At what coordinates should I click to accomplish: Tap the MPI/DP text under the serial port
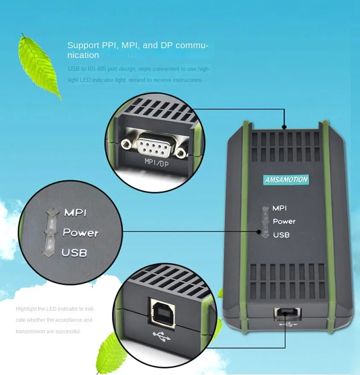[156, 162]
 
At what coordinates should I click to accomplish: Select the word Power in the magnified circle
[81, 233]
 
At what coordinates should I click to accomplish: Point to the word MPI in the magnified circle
[75, 213]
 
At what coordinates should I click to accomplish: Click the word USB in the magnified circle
[74, 253]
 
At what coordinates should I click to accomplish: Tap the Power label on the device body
[284, 222]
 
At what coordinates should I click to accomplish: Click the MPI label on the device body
[279, 208]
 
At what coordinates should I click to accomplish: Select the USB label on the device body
[281, 235]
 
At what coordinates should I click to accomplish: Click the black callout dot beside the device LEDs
[259, 232]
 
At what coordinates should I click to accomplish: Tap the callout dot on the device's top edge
[284, 127]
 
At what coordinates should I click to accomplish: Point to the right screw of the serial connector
[182, 152]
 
